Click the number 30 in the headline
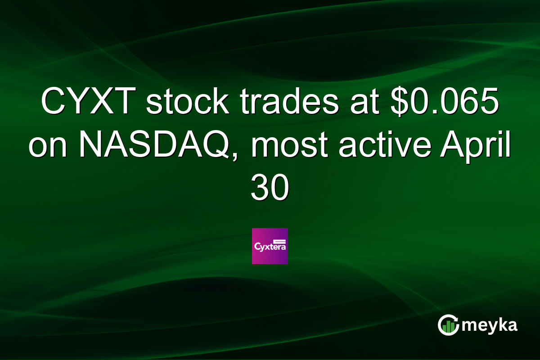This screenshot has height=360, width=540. pyautogui.click(x=269, y=189)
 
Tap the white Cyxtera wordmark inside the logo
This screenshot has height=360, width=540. pyautogui.click(x=270, y=247)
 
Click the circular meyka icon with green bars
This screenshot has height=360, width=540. pyautogui.click(x=448, y=325)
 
